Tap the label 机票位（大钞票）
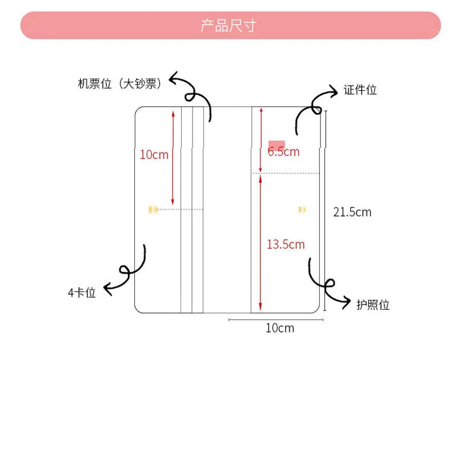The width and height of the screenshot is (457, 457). pyautogui.click(x=120, y=83)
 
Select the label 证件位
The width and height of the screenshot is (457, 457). pyautogui.click(x=360, y=90)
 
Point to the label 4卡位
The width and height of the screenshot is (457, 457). pyautogui.click(x=82, y=293)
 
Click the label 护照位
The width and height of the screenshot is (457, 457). pyautogui.click(x=373, y=305)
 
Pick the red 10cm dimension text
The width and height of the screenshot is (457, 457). pyautogui.click(x=154, y=154)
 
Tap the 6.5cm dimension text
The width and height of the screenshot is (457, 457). pyautogui.click(x=283, y=151)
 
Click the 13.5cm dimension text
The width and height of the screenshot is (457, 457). pyautogui.click(x=286, y=244)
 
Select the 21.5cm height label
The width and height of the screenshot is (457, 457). pyautogui.click(x=352, y=213)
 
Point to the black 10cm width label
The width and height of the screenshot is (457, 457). pyautogui.click(x=280, y=328)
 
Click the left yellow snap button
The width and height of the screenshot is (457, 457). pyautogui.click(x=152, y=210)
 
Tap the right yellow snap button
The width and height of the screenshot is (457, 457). pyautogui.click(x=302, y=210)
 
